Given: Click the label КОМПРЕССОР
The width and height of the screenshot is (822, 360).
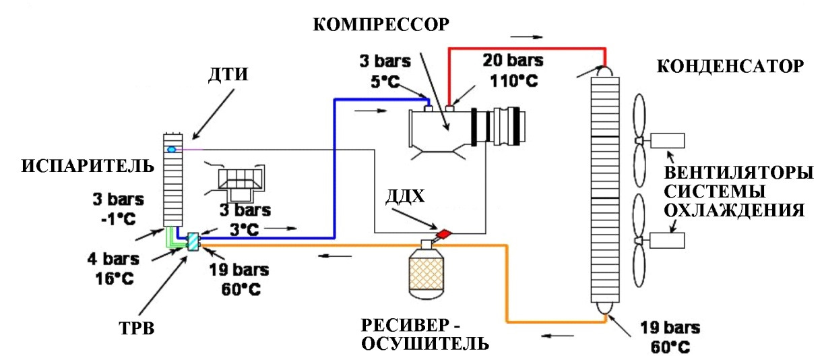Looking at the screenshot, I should pos(381,26).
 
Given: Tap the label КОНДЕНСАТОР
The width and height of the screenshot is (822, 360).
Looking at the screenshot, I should pos(730,67).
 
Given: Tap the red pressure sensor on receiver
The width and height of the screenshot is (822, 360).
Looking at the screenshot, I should pos(444,233).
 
